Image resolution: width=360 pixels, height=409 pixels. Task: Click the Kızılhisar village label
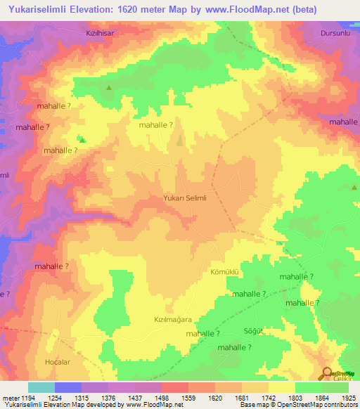[100, 32]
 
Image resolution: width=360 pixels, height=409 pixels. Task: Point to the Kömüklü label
[226, 271]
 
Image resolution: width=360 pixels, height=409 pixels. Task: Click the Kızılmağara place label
[173, 318]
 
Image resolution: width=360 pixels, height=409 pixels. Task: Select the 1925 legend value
[348, 398]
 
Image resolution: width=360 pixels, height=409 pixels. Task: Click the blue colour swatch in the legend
[68, 387]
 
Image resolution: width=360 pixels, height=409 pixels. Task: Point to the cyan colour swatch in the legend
[41, 387]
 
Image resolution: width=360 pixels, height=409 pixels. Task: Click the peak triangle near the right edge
[354, 188]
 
